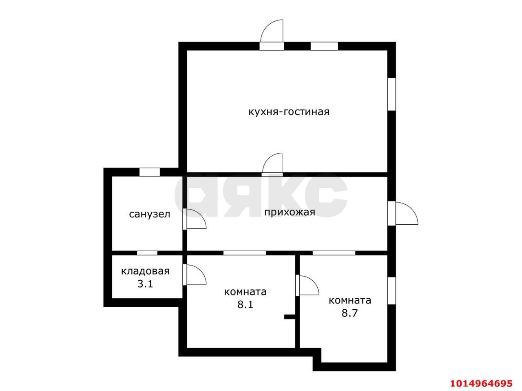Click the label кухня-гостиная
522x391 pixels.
[x=289, y=112]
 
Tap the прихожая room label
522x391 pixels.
[x=290, y=212]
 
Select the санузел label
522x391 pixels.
[x=150, y=214]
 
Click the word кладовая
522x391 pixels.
[x=145, y=271]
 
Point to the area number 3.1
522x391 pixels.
[x=145, y=284]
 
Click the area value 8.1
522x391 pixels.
[x=245, y=304]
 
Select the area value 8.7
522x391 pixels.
[x=349, y=313]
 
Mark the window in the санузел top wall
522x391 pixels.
[x=149, y=172]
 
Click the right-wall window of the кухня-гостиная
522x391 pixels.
[x=391, y=94]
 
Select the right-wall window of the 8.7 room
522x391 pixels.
[x=391, y=290]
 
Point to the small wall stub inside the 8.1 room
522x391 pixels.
[x=290, y=317]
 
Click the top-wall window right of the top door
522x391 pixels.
[x=324, y=46]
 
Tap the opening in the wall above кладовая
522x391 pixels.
[x=147, y=253]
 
